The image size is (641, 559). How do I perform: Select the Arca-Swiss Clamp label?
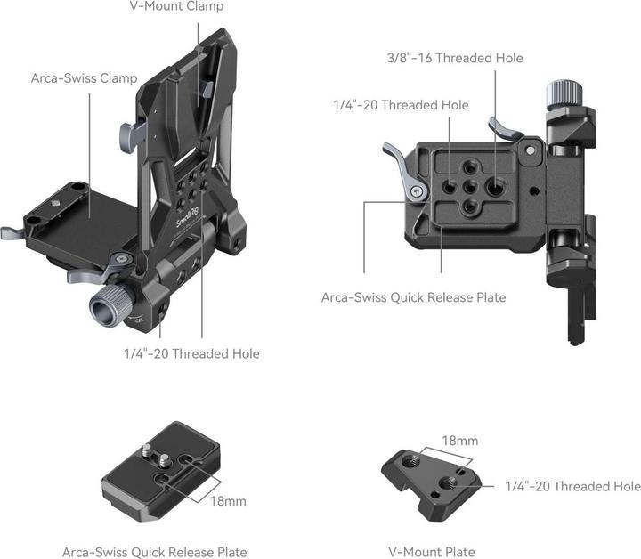pos(84,78)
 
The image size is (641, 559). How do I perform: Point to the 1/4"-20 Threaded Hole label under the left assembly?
pos(191,354)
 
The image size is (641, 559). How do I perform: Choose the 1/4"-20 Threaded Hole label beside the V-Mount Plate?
pos(572,486)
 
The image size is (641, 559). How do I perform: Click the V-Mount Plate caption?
pos(432,552)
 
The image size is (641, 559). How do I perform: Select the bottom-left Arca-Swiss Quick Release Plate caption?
pos(154,552)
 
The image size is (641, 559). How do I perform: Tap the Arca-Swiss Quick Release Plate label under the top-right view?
pos(413,297)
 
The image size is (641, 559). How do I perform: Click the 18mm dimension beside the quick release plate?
pos(227,501)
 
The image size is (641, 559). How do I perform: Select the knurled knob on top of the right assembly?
pos(561,92)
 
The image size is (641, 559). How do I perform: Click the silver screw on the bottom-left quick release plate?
pos(147,455)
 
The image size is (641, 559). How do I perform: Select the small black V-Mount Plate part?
pos(430,479)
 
